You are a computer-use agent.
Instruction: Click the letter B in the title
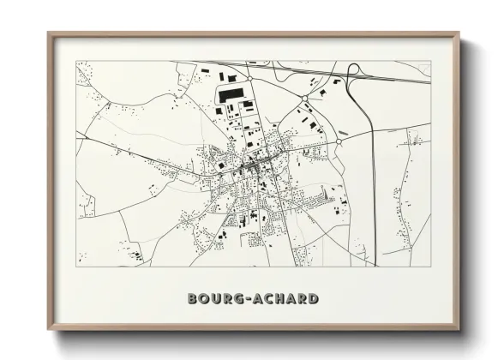pos(193,299)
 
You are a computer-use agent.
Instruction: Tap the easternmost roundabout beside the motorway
pos(340,140)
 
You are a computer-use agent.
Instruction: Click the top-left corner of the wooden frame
pos(49,34)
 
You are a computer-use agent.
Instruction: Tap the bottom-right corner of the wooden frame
pos(459,329)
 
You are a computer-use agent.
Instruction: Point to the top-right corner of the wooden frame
pos(459,34)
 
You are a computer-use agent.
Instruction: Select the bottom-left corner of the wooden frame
pos(49,329)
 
